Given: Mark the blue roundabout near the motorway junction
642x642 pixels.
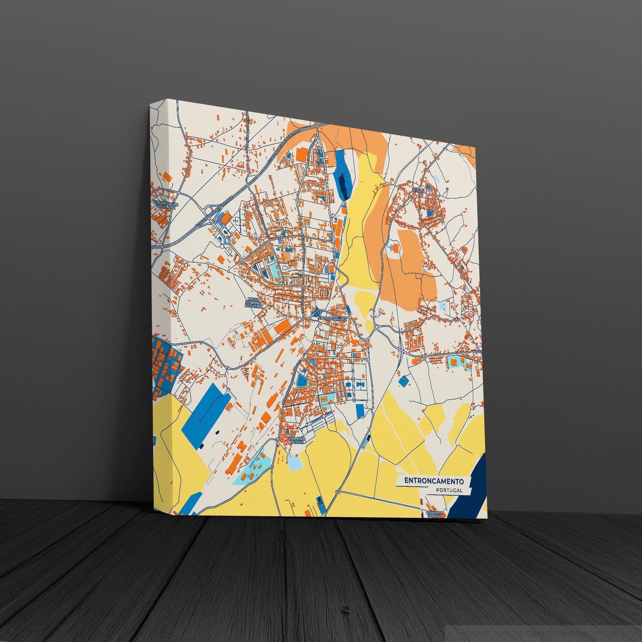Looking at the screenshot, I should click(227, 240).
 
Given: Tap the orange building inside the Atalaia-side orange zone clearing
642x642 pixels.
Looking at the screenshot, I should click(396, 247).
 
